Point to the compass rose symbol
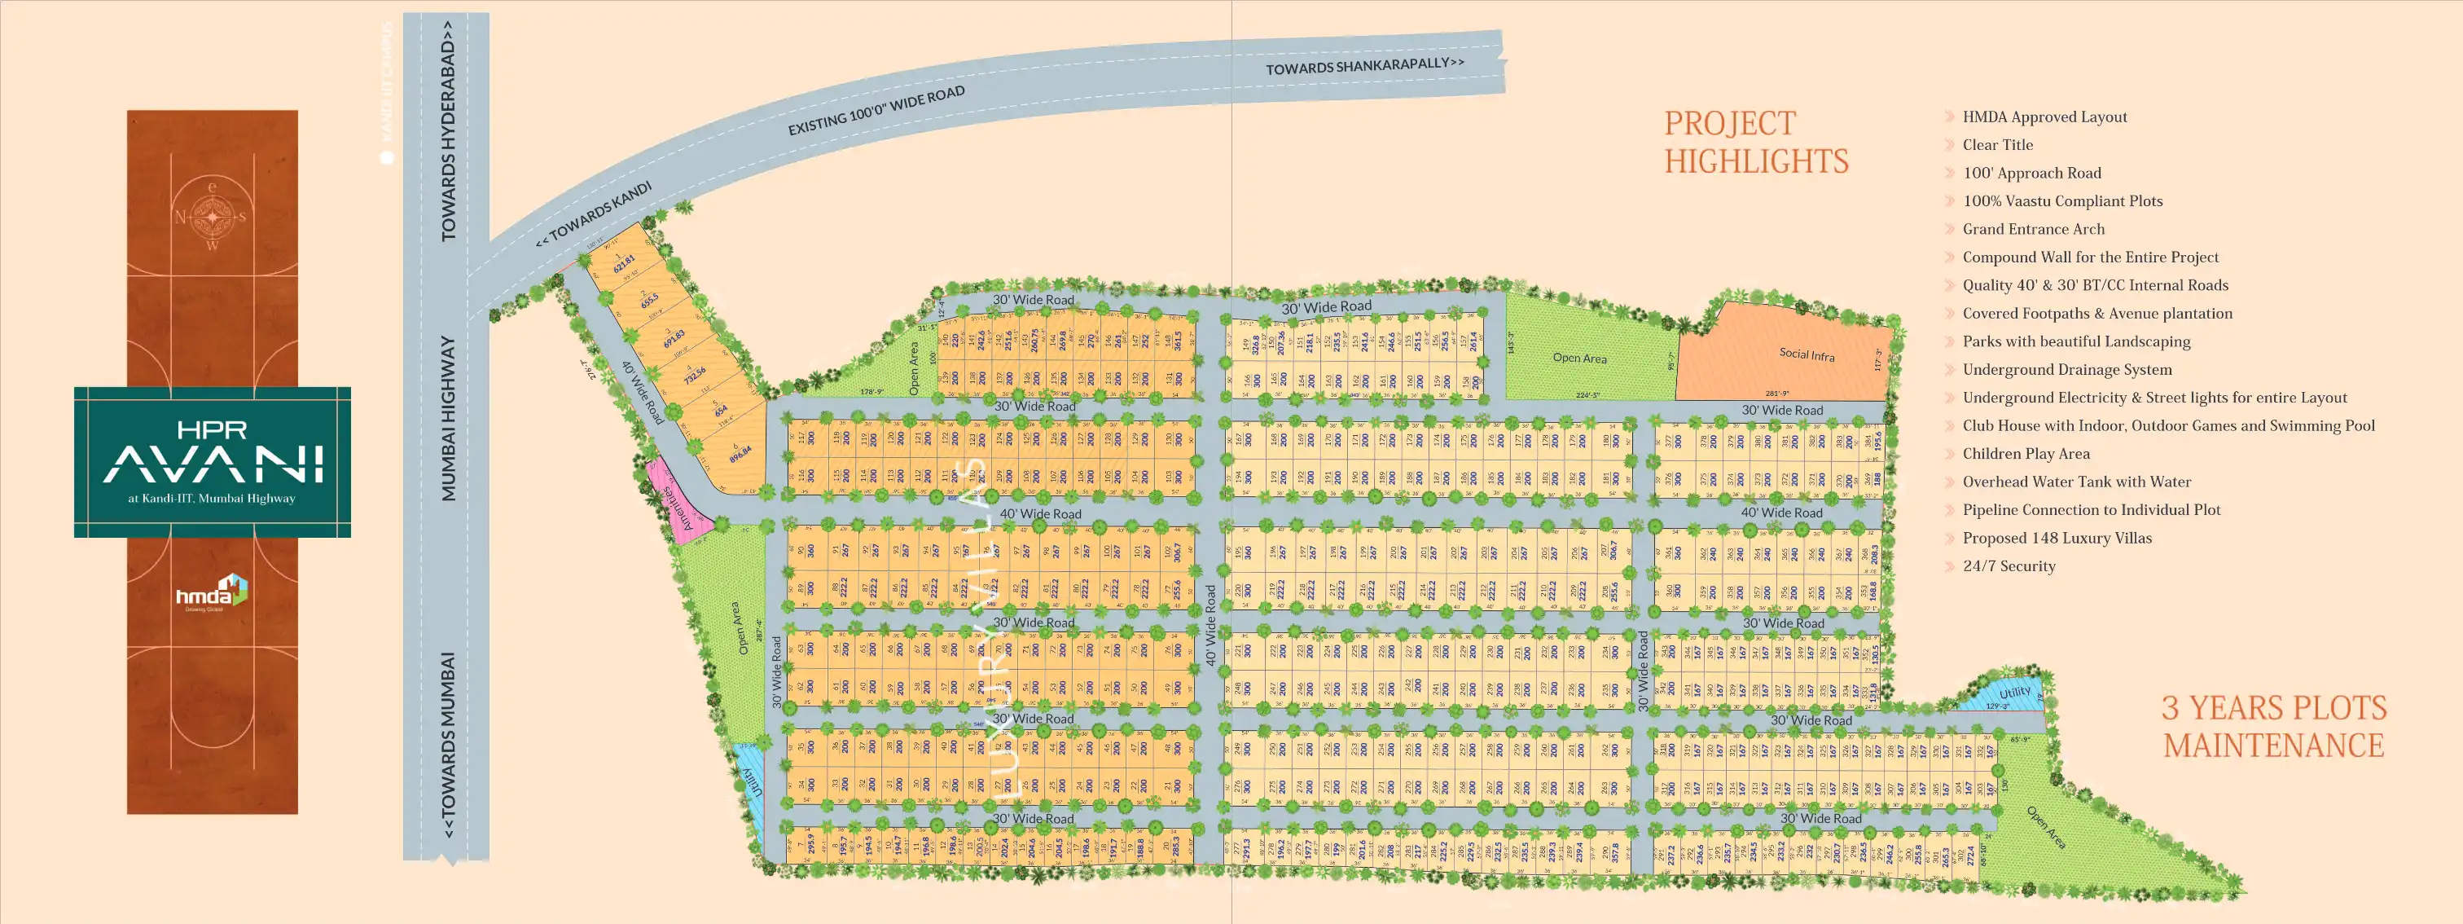pos(213,216)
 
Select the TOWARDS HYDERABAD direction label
pos(447,143)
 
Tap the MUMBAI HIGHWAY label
pos(447,418)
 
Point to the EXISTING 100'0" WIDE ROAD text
pos(876,110)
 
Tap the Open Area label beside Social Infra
pos(1579,358)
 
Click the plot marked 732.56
pos(694,374)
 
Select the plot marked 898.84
pos(739,452)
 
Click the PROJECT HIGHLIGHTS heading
pos(1755,143)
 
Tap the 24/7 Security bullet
pos(2008,566)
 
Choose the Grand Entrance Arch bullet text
pos(2033,230)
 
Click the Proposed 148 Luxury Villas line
pos(2057,539)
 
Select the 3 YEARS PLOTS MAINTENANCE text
pos(2274,727)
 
